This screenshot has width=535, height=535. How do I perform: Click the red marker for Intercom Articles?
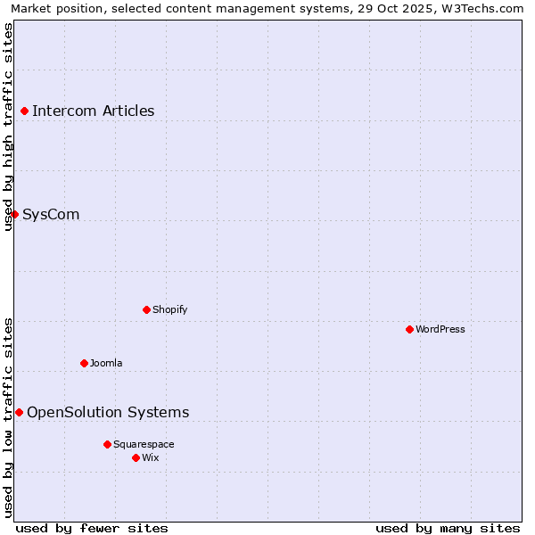(x=25, y=111)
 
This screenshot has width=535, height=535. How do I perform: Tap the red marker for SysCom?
(x=14, y=214)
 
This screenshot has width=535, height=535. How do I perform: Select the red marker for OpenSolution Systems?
(x=19, y=412)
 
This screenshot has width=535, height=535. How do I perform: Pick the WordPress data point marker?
(x=409, y=329)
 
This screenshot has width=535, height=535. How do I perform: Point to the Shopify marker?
(x=146, y=309)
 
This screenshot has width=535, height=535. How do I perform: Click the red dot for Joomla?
(x=84, y=363)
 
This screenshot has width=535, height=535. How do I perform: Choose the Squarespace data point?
(x=107, y=444)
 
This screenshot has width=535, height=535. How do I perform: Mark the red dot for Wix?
(x=136, y=457)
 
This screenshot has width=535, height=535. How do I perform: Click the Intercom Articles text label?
(x=93, y=111)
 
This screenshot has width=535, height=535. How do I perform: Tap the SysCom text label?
(x=51, y=214)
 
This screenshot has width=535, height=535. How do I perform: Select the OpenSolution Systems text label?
(x=108, y=412)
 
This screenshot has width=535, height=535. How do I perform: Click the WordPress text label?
(x=440, y=329)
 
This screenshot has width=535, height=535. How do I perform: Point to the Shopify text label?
(x=169, y=309)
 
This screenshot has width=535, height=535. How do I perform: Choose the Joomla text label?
(x=106, y=363)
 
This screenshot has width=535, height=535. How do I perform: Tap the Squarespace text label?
(x=144, y=444)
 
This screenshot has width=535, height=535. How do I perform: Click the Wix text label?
(x=150, y=457)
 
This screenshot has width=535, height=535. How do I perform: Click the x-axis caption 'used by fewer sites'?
(x=92, y=528)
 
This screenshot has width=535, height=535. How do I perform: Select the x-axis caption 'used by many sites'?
(x=448, y=528)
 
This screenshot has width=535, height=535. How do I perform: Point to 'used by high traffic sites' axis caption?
(x=8, y=127)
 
